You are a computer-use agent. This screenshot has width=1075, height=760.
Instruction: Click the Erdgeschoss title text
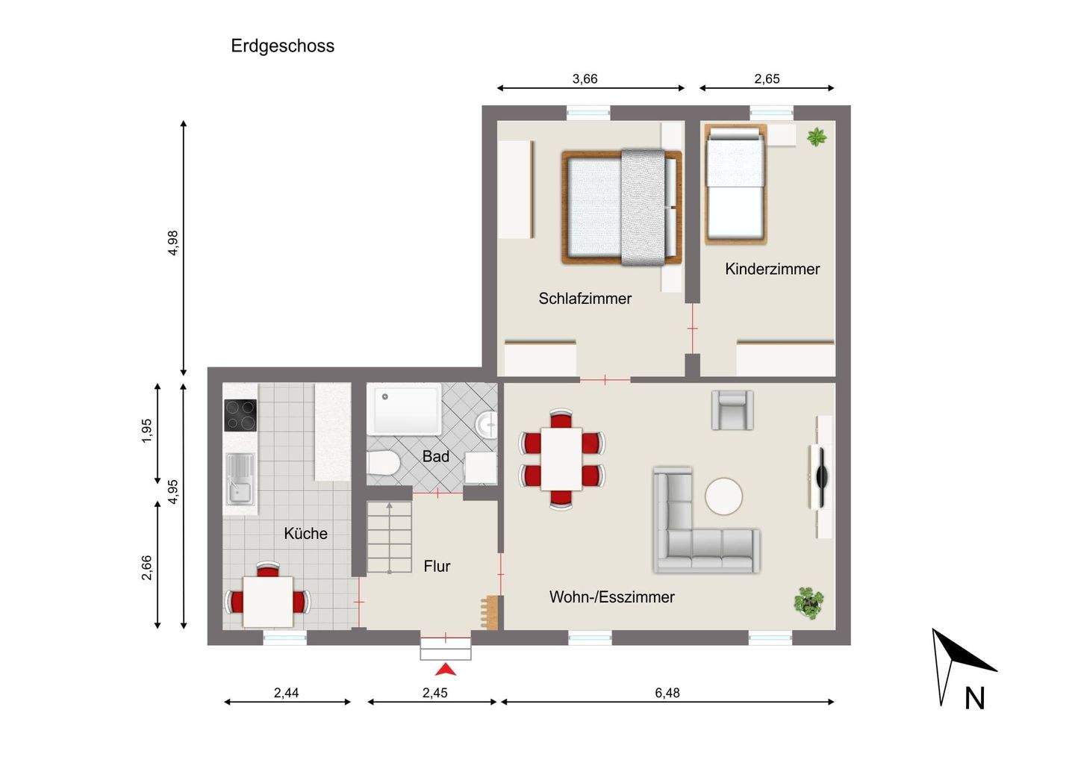pos(283,46)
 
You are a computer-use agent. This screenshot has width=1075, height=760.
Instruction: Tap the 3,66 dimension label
pos(585,78)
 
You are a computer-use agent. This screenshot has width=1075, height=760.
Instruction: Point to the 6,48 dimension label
pos(667,693)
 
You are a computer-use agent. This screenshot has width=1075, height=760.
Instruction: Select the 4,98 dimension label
pos(172,243)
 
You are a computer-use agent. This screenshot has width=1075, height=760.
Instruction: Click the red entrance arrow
pos(446,670)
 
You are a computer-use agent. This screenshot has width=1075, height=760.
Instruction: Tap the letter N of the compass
pos(975,698)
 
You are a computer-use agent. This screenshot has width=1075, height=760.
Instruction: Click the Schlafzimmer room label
pos(585,299)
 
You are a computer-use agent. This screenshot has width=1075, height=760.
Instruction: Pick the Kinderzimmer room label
pos(772,269)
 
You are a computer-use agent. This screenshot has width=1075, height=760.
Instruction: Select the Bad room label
pos(436,456)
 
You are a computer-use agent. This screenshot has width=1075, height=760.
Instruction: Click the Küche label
pos(306,533)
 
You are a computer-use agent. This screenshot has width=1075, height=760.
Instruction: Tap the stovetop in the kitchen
pos(240,416)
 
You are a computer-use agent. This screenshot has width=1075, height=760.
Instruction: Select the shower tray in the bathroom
pos(404,409)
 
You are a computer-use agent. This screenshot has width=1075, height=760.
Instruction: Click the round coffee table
pos(723,496)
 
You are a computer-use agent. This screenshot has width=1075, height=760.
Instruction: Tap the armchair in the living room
pos(732,410)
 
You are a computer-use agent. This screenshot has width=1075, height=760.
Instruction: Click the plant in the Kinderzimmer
pos(817,137)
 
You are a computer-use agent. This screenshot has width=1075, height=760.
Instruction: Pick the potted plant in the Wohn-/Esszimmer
pos(808,603)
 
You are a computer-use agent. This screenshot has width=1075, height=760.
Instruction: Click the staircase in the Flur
pos(390,538)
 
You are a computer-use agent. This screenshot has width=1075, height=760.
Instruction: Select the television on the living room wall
pos(822,476)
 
